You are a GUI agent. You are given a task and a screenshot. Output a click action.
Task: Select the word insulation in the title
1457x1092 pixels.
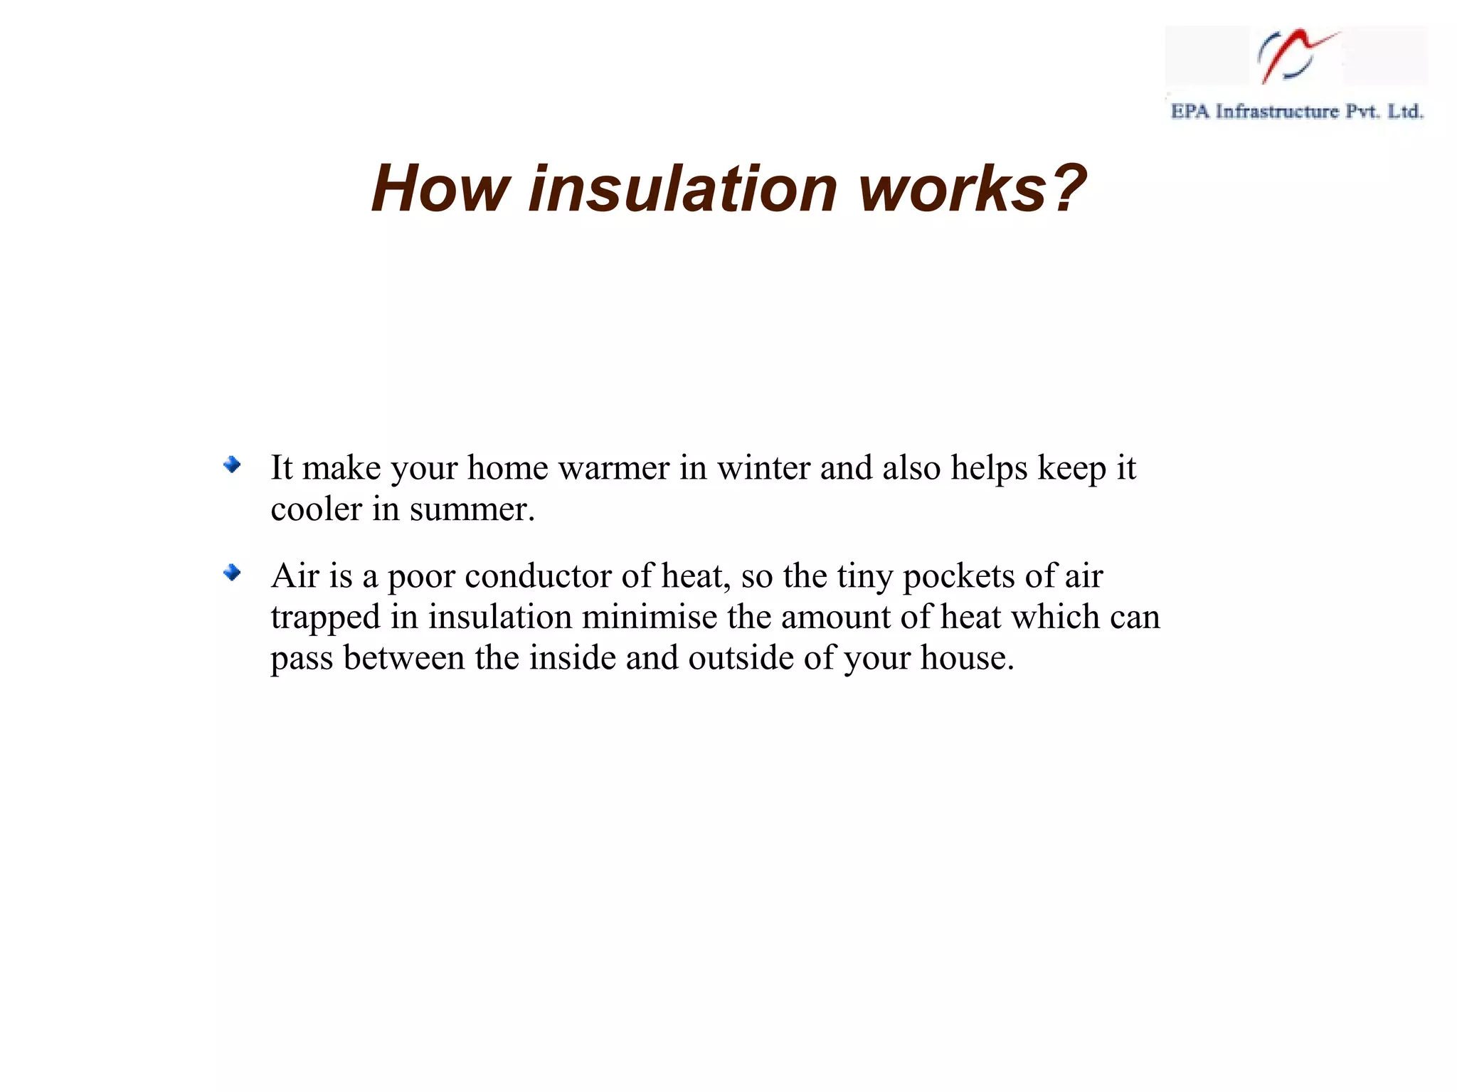point(683,189)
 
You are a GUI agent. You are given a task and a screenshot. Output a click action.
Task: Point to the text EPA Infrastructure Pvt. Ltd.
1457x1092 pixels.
point(1296,112)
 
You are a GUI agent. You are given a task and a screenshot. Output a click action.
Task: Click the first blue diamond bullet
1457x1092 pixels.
point(232,466)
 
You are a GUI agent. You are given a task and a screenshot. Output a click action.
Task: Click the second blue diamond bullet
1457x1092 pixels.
point(232,573)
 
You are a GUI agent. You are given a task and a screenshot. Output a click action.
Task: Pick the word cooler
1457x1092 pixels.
point(316,509)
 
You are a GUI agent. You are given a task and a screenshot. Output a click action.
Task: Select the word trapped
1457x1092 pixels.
point(325,617)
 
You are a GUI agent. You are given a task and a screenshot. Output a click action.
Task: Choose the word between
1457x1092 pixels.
point(403,657)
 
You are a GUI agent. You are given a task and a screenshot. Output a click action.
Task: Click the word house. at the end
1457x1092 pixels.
point(967,657)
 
